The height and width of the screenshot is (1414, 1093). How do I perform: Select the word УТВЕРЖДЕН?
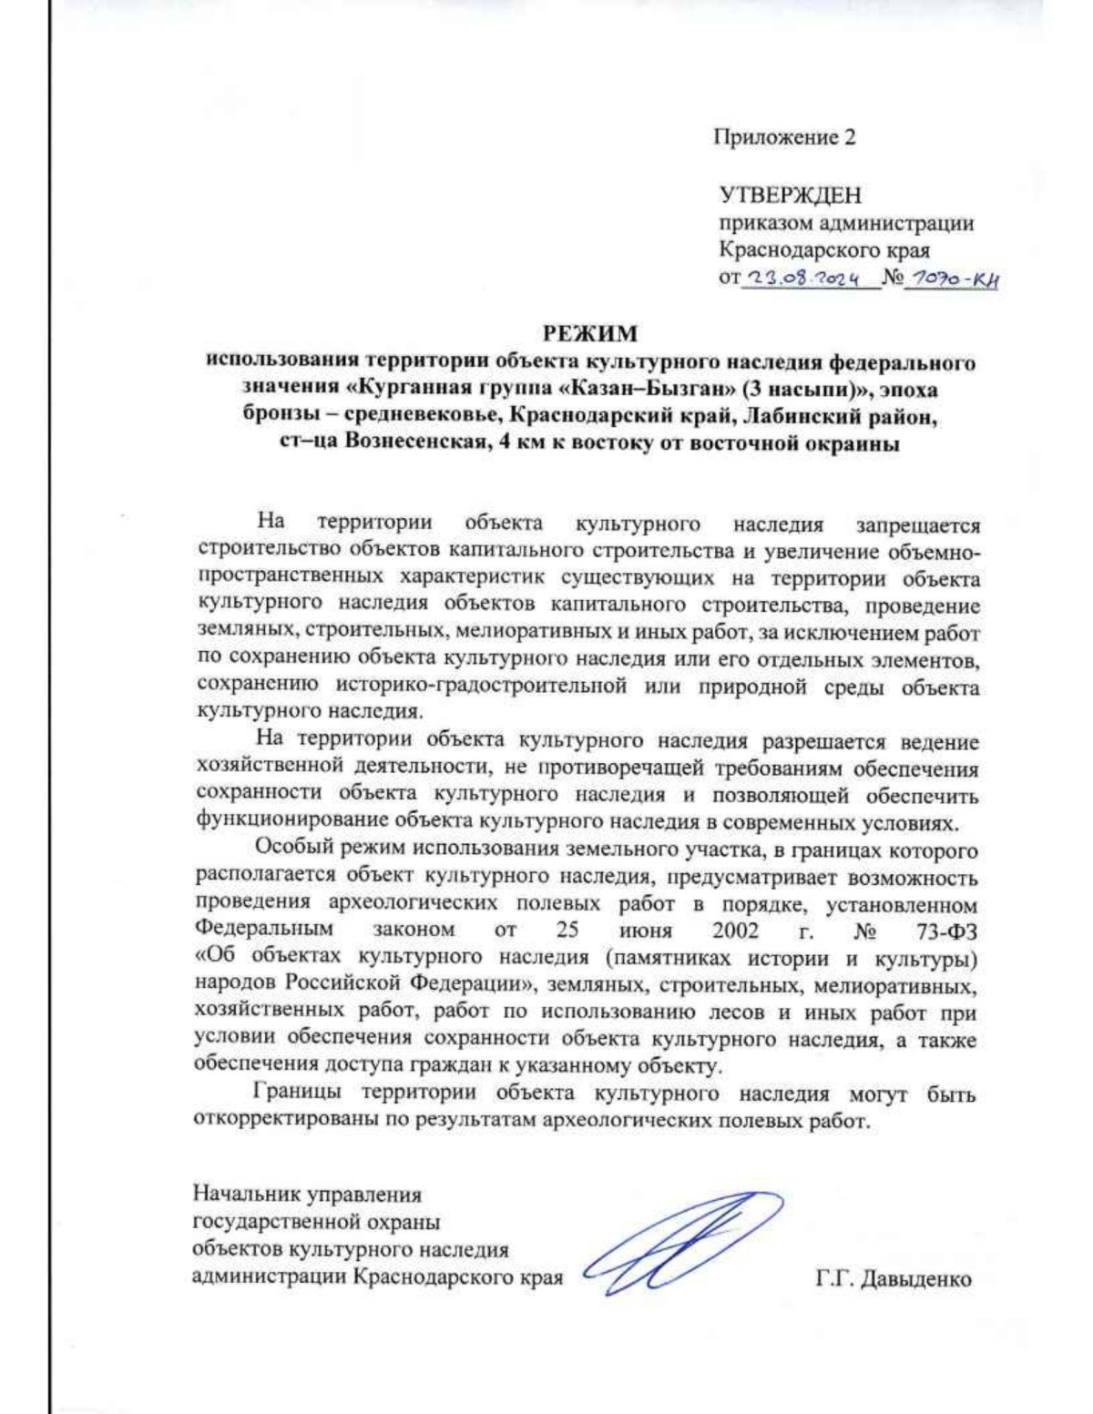pos(790,195)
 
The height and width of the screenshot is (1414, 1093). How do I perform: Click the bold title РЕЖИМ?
pos(590,334)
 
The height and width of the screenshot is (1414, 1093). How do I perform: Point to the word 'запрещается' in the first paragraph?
pos(918,525)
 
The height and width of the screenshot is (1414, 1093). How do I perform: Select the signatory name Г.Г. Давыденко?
pos(894,1279)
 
